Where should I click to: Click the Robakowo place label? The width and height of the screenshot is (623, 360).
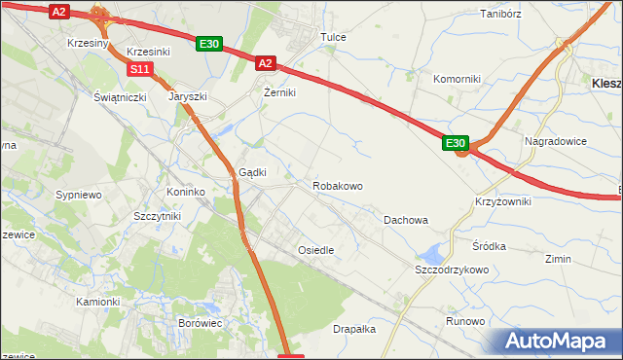338,185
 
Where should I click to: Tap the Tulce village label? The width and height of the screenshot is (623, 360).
334,37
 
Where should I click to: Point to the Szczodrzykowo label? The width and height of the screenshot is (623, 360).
451,270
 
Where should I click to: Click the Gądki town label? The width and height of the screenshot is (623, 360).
253,171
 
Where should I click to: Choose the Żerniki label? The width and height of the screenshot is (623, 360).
279,92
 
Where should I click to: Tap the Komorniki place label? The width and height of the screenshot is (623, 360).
457,79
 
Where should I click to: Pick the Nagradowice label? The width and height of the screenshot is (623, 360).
556,141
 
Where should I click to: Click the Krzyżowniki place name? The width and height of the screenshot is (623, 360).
503,200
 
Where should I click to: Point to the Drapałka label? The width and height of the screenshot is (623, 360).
354,329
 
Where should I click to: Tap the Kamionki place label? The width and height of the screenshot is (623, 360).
97,302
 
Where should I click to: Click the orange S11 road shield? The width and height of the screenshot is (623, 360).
140,69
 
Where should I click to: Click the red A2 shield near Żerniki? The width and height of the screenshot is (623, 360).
266,63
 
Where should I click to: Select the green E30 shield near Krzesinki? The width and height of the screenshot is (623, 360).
209,44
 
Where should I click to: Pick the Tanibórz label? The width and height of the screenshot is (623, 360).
502,15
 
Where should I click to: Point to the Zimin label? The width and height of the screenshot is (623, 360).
558,260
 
